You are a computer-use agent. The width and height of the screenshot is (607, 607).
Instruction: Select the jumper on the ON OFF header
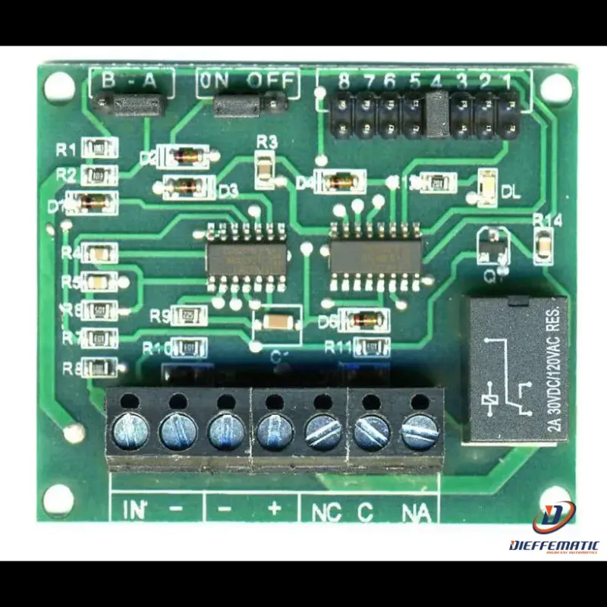pyautogui.click(x=239, y=105)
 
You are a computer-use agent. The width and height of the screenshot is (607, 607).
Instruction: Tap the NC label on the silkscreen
pyautogui.click(x=326, y=512)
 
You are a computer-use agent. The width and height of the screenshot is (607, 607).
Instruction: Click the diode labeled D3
pyautogui.click(x=184, y=185)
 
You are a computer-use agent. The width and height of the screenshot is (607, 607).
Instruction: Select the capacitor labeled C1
pyautogui.click(x=276, y=322)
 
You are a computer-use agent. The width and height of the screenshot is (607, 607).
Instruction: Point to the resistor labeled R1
pyautogui.click(x=99, y=148)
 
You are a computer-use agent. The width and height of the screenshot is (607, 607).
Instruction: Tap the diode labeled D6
pyautogui.click(x=363, y=319)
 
